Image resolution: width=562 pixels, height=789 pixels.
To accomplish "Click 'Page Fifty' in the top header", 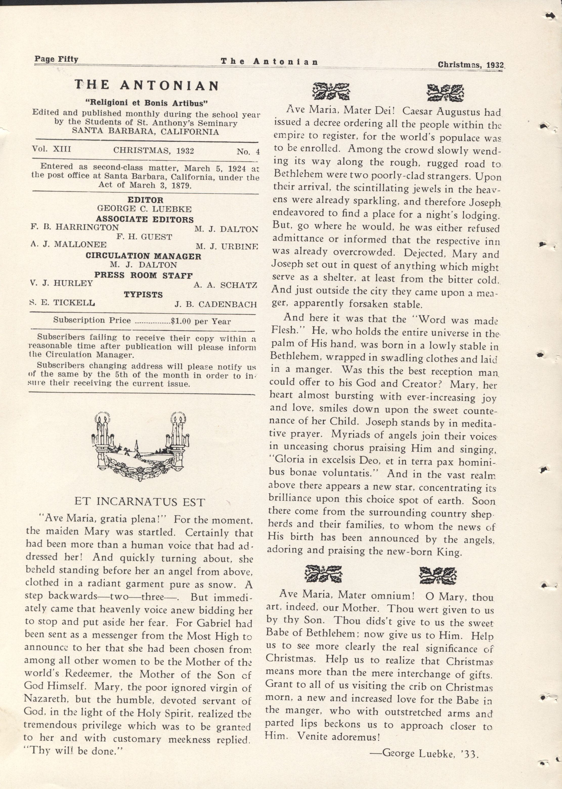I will (x=56, y=59).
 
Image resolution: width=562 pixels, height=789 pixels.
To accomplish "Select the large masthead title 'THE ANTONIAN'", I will (x=147, y=85).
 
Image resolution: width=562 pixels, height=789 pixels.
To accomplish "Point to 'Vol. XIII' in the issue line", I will (x=52, y=149).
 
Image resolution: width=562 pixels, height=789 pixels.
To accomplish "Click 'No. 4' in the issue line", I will (x=248, y=151).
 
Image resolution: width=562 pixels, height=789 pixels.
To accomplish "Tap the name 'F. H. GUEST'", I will (x=144, y=237).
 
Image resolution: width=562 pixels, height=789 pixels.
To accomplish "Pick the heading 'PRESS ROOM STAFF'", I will (x=144, y=276).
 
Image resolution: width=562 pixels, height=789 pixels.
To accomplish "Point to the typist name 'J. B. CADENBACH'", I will (x=215, y=304).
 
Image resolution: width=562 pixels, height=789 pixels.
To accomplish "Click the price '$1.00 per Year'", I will (x=201, y=321).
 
